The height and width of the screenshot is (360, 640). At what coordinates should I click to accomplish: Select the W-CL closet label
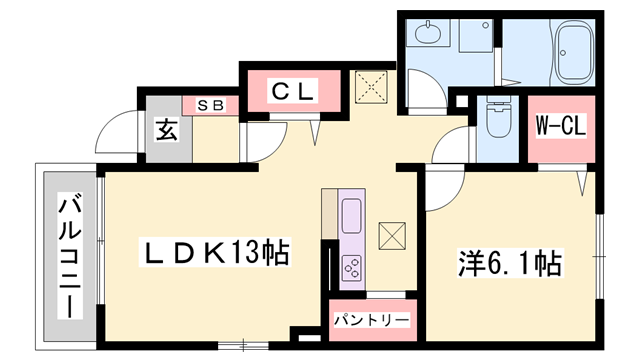coord(560,126)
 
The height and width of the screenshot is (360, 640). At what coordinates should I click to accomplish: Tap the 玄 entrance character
coord(165,130)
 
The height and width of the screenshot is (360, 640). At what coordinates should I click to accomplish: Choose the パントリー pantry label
coord(370,320)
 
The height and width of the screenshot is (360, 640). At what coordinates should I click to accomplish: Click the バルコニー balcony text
coord(69,254)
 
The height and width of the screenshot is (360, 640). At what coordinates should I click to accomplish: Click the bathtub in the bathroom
coord(574,51)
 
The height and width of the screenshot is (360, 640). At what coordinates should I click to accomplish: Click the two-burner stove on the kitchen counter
coord(353,266)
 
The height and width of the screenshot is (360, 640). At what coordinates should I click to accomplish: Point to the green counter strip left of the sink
coord(328,215)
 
